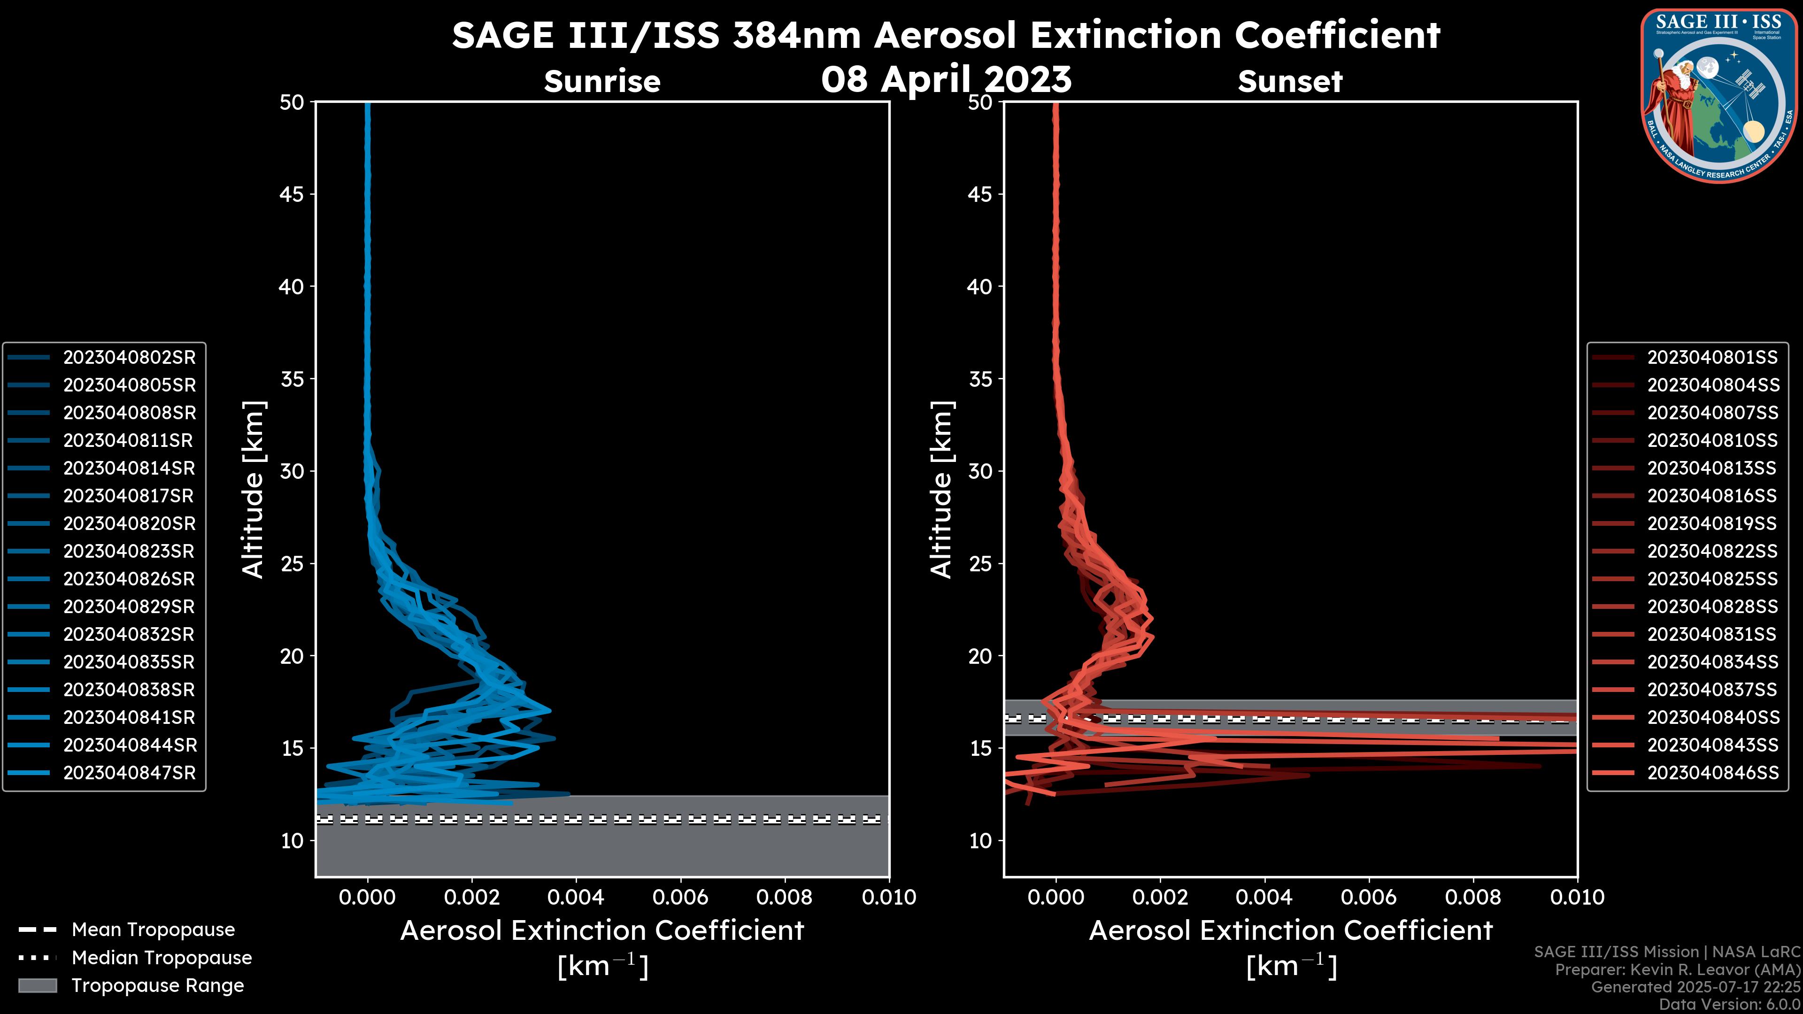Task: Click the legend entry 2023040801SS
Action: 1712,358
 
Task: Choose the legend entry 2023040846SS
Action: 1712,773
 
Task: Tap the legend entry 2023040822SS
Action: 1712,552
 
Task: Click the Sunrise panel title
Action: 602,82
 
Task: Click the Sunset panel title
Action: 1290,82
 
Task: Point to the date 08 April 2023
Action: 946,79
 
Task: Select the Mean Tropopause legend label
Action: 153,930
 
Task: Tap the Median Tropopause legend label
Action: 162,958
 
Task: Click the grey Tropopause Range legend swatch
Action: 38,986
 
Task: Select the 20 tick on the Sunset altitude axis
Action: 980,656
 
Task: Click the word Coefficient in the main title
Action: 1337,35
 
